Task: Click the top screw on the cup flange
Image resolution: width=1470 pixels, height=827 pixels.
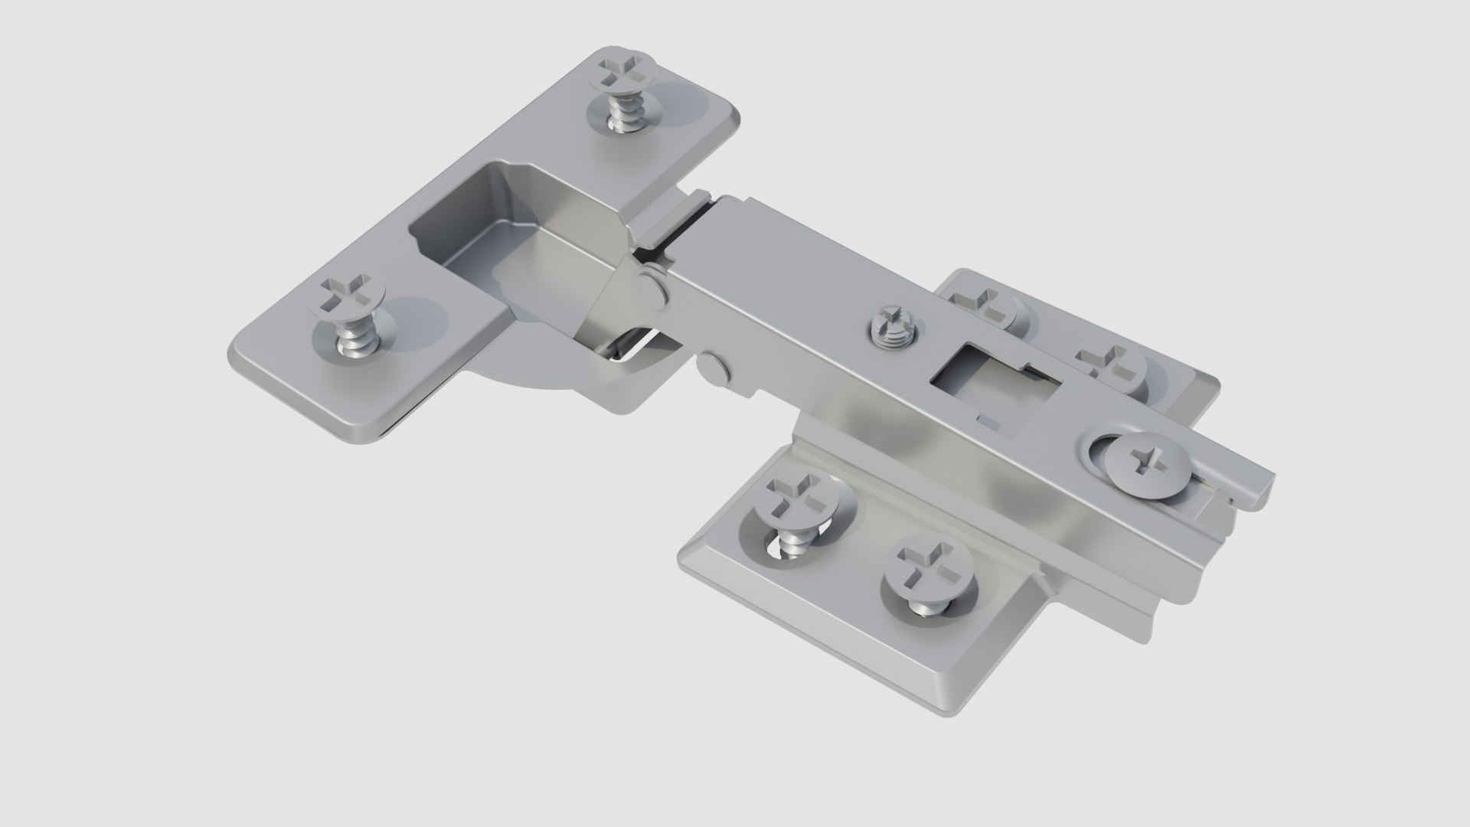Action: point(626,71)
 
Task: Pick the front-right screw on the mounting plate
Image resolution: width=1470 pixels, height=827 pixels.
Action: point(928,568)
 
